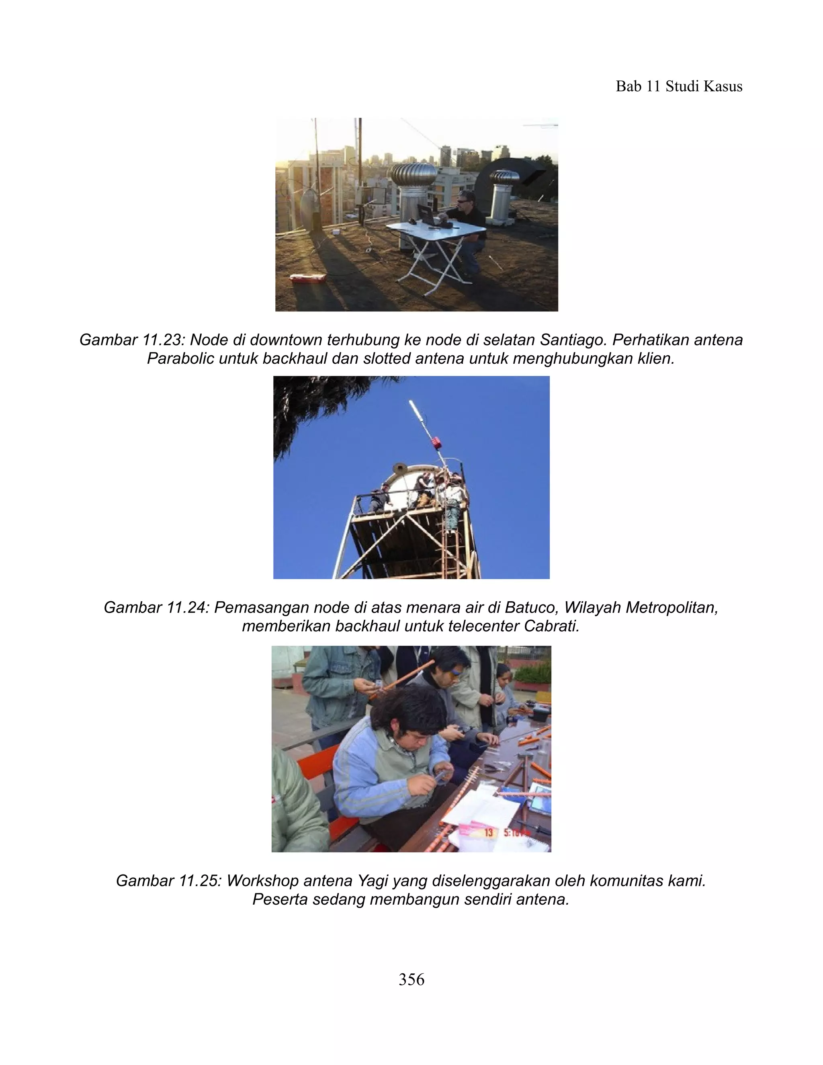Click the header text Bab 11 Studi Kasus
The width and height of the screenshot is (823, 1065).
(679, 86)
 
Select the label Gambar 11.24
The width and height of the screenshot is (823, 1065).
(156, 608)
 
